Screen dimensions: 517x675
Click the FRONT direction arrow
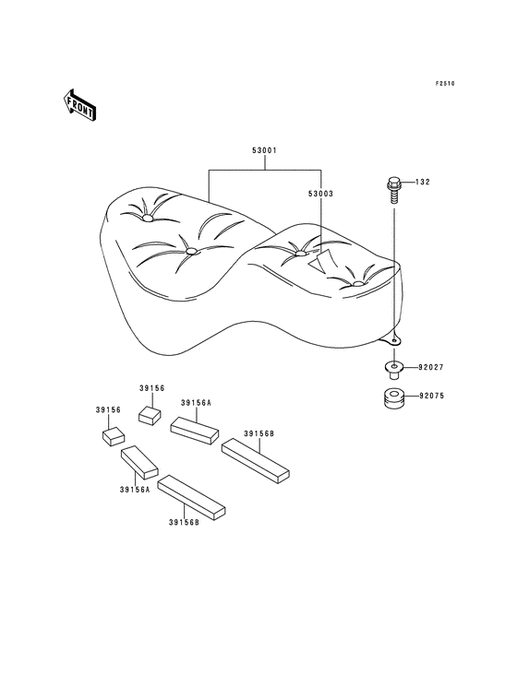tap(79, 105)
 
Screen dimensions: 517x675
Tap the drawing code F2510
tap(445, 84)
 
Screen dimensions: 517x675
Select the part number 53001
tap(264, 150)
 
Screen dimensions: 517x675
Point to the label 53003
tap(320, 194)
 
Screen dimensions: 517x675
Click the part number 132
tap(423, 182)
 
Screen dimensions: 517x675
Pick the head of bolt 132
tap(394, 184)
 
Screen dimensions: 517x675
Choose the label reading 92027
tap(431, 368)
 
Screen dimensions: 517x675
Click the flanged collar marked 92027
tap(393, 370)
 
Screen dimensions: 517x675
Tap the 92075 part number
tap(431, 396)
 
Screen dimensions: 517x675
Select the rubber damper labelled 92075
tap(393, 398)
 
